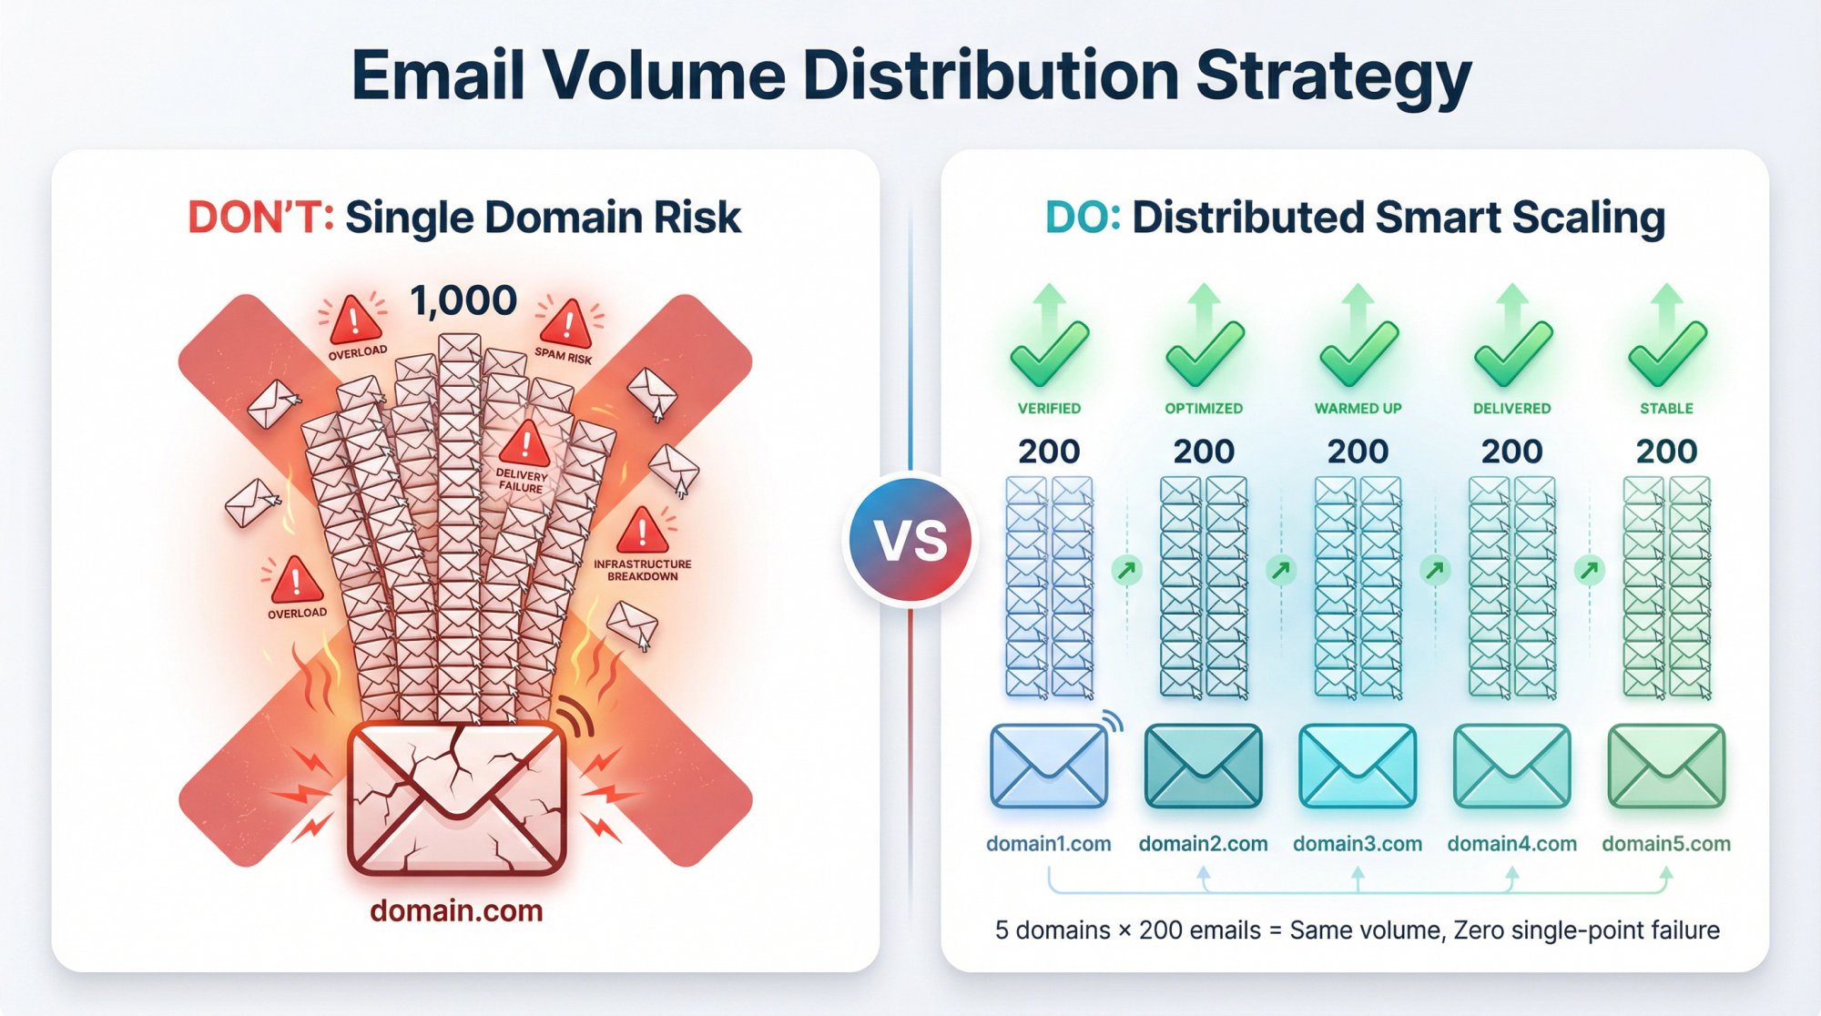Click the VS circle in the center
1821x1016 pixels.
pos(910,540)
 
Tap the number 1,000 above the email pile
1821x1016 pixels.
pos(463,301)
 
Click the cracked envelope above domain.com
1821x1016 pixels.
pos(457,797)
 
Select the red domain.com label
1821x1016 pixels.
pos(456,910)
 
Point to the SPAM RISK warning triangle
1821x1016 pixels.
pos(567,323)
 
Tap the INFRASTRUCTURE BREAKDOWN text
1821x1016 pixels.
pos(642,570)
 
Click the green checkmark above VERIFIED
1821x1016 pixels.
pos(1049,353)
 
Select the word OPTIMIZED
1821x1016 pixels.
pos(1204,409)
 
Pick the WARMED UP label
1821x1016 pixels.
pos(1358,409)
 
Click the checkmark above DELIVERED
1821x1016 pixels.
pos(1511,353)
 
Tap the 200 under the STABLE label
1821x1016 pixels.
pos(1666,452)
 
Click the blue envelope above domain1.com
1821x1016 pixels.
pos(1049,767)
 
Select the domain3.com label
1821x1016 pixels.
pos(1358,844)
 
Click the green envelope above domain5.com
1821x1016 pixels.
pos(1666,767)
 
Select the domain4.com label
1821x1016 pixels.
pos(1511,844)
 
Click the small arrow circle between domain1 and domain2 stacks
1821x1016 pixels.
pos(1127,571)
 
